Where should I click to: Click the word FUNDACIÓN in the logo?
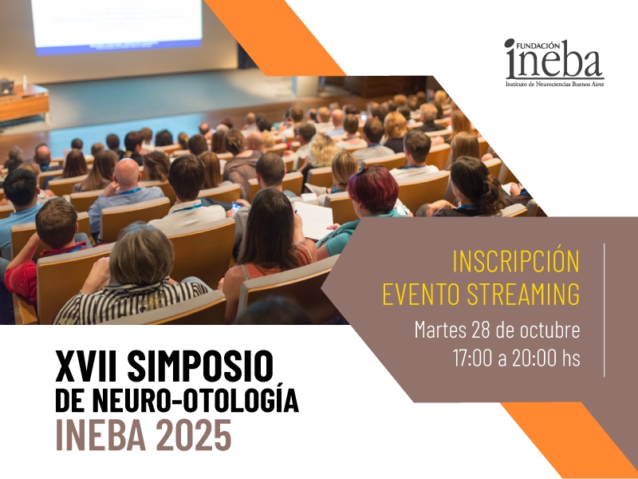click(x=537, y=46)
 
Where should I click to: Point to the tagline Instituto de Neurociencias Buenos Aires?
click(x=554, y=84)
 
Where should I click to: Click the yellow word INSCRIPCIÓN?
click(x=516, y=262)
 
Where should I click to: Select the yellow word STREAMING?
click(x=523, y=293)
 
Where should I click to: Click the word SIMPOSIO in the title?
click(x=200, y=366)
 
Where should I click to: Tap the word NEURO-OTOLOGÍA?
click(x=195, y=399)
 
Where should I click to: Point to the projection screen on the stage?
click(x=116, y=26)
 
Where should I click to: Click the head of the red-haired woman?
click(x=372, y=188)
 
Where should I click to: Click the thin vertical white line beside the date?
click(x=605, y=310)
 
